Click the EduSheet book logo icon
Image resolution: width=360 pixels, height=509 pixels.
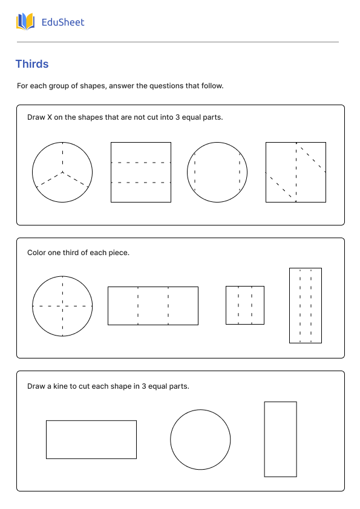coord(25,22)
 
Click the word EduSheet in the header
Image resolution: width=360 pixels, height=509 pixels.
coord(63,22)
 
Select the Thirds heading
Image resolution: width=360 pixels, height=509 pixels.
coord(32,64)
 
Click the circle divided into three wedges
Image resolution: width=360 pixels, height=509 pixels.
coord(62,172)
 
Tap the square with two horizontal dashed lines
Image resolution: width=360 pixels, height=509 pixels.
coord(141,172)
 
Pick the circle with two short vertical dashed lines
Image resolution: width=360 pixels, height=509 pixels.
coord(217,172)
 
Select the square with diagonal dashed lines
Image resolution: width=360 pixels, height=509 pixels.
coord(296,172)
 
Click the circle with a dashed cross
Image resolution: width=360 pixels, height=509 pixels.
coord(62,306)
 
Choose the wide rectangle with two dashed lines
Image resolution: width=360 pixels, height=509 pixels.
coord(153,306)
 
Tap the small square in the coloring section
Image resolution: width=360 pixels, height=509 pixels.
coord(245,305)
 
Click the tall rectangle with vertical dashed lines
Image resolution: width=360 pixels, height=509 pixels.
coord(306,305)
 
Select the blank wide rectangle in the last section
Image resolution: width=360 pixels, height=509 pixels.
coord(91,439)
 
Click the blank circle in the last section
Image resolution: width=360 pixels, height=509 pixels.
coord(200,439)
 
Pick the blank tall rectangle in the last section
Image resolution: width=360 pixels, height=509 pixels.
coord(280,439)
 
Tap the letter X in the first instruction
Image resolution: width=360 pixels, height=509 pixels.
coord(50,117)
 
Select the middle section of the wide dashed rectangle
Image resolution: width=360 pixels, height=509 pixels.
coord(153,306)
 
